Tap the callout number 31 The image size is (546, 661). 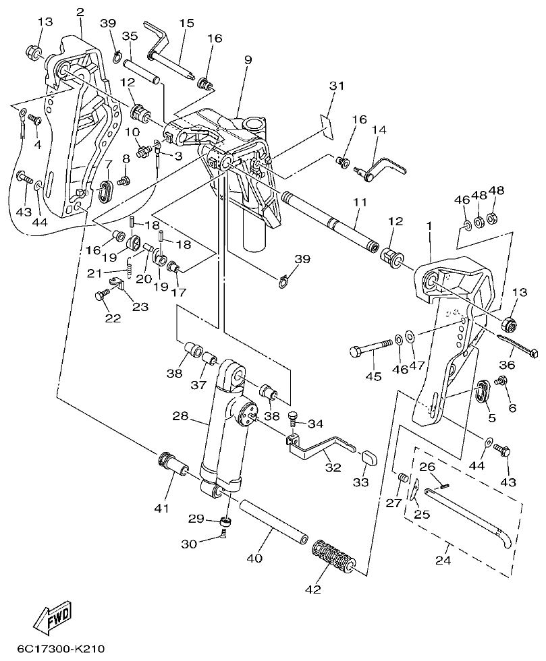point(337,86)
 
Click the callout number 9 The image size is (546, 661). point(248,60)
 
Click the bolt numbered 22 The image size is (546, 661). point(103,295)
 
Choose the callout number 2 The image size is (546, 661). point(80,11)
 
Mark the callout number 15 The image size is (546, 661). point(186,24)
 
